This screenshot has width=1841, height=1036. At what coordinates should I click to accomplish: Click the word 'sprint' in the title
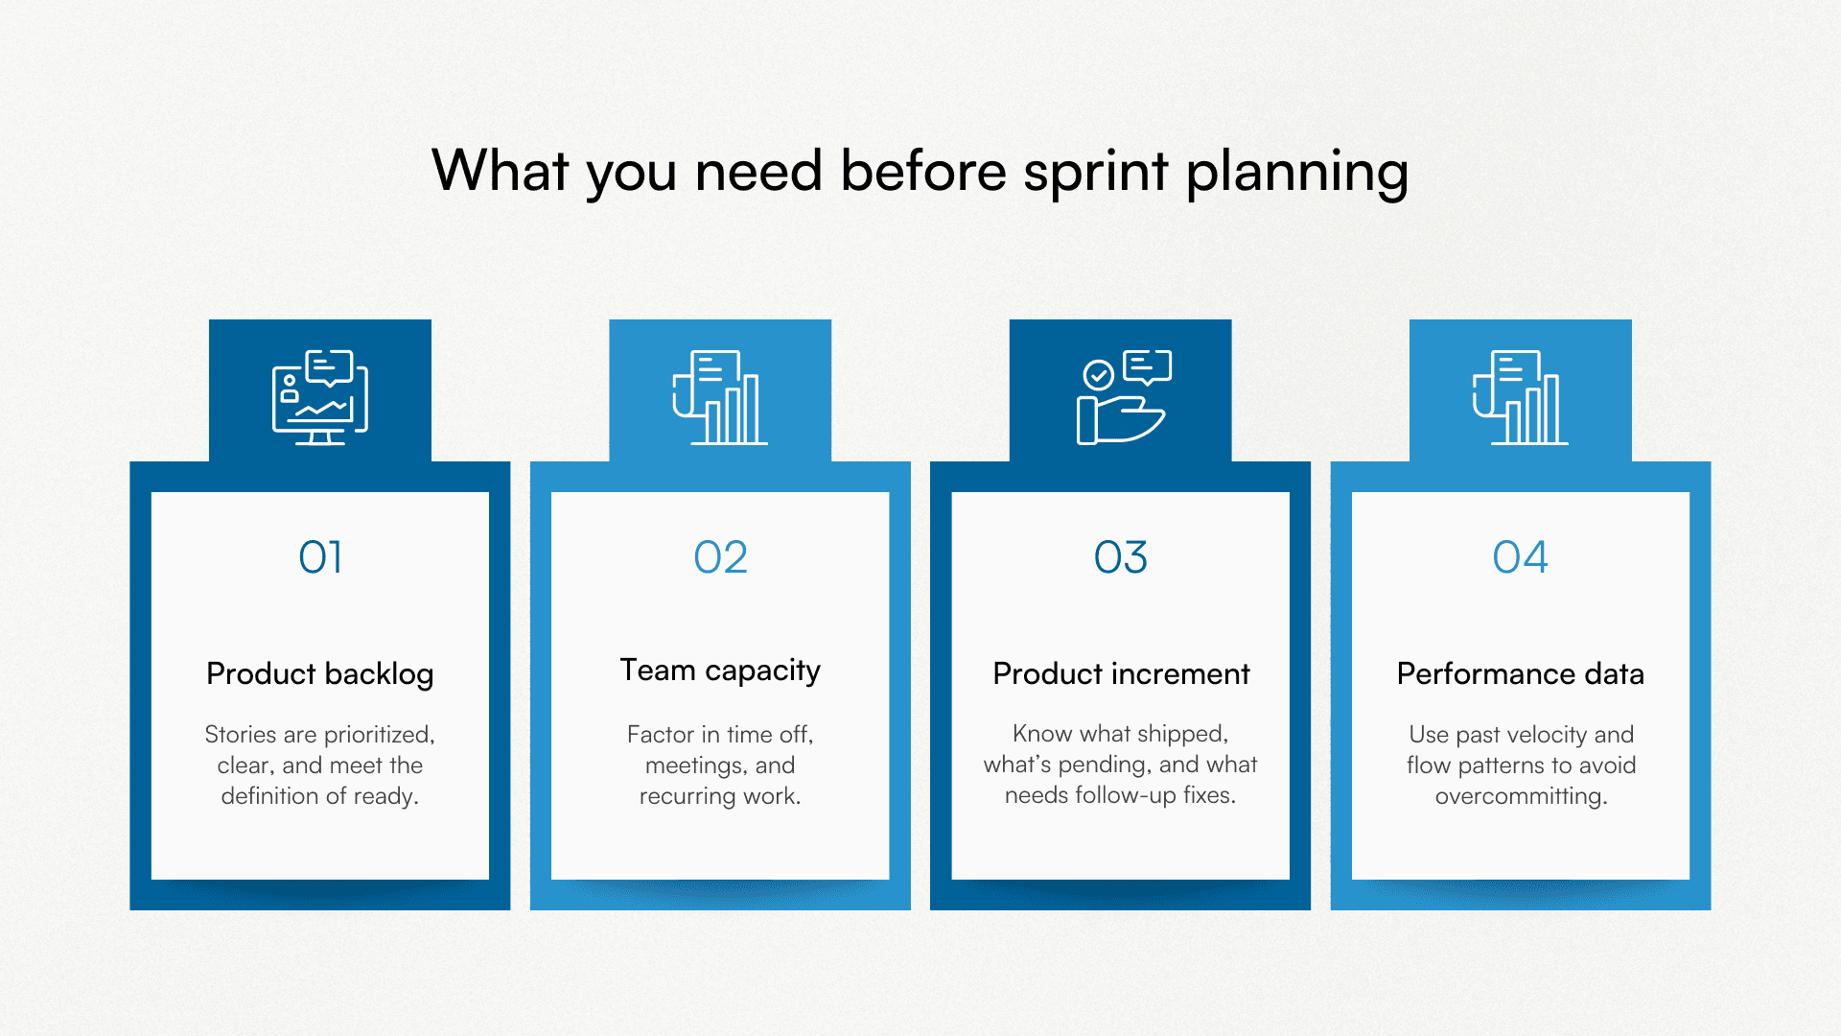tap(1095, 173)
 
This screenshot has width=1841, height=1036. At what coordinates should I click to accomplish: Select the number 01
tap(320, 557)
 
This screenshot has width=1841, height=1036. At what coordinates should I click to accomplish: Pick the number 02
tap(720, 557)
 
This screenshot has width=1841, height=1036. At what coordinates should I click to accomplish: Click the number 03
tap(1120, 557)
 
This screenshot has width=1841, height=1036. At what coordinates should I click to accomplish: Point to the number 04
tap(1520, 557)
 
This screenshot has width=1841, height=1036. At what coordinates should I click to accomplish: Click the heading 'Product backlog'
tap(320, 674)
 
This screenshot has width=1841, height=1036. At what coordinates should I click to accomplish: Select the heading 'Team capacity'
tap(720, 671)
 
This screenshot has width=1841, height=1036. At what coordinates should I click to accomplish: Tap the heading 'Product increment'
tap(1121, 674)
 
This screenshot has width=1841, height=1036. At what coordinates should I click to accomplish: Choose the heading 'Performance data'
tap(1520, 674)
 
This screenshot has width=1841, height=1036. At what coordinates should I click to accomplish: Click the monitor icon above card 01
tap(320, 397)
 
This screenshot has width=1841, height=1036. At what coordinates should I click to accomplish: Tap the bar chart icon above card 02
tap(720, 397)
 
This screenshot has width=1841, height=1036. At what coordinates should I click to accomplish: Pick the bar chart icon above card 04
tap(1521, 397)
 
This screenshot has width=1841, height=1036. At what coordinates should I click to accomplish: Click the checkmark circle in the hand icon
tap(1098, 374)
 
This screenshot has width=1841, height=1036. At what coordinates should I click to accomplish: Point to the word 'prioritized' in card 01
tap(378, 735)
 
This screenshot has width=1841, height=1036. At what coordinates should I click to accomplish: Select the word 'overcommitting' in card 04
tap(1520, 796)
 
